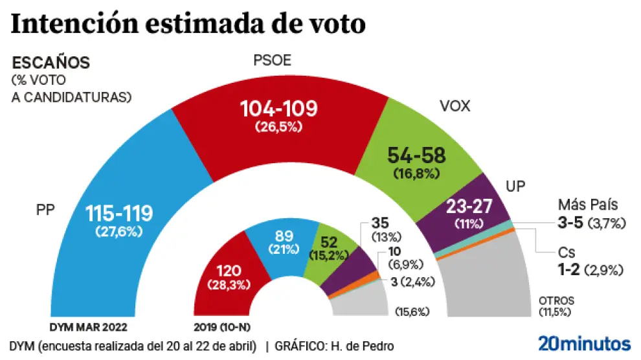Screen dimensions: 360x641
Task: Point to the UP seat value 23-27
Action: pos(469,208)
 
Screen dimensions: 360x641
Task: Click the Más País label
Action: pos(587,205)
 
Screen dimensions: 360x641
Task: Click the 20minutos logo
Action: pos(584,343)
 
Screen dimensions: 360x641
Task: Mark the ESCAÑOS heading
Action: pos(51,63)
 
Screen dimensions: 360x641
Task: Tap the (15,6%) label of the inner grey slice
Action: pos(412,312)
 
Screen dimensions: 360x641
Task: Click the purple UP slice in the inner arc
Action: pos(350,275)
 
